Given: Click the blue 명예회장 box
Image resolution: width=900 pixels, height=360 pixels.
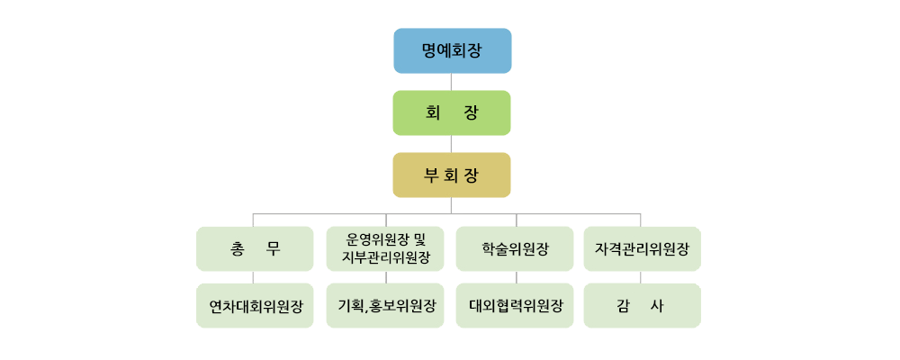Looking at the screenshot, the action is [x=453, y=50].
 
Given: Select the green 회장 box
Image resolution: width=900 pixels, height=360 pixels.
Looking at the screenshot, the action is [x=452, y=112].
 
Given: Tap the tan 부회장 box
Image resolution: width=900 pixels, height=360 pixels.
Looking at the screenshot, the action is [x=452, y=175].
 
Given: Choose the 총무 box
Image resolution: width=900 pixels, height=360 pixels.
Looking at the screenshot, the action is [x=255, y=248].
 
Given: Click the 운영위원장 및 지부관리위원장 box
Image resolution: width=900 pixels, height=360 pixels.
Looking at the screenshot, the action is [x=385, y=248].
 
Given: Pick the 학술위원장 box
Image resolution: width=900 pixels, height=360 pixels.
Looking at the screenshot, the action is [x=515, y=248].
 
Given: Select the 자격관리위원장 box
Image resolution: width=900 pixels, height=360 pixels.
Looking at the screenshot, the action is [x=643, y=248].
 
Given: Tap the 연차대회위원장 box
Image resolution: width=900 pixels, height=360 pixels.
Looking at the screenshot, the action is [x=255, y=305].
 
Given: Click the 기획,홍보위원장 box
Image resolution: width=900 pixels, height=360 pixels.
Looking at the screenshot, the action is [x=385, y=305].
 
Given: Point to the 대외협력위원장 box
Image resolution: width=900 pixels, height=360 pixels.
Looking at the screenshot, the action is [x=515, y=305].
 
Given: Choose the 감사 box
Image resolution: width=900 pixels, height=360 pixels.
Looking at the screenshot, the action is [x=643, y=305].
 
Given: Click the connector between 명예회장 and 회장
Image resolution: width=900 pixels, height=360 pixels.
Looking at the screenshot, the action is [x=451, y=82].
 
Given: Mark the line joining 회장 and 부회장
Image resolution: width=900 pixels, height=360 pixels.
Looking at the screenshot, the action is [x=451, y=144].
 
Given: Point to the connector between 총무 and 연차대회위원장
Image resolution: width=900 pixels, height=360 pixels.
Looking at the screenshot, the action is [x=254, y=277].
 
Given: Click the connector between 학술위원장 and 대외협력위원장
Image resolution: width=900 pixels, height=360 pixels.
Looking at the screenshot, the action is [x=516, y=277].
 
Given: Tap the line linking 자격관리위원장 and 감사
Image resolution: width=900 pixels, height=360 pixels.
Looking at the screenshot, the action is [x=641, y=277].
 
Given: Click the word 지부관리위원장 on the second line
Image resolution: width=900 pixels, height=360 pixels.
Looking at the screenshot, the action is [x=385, y=257].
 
